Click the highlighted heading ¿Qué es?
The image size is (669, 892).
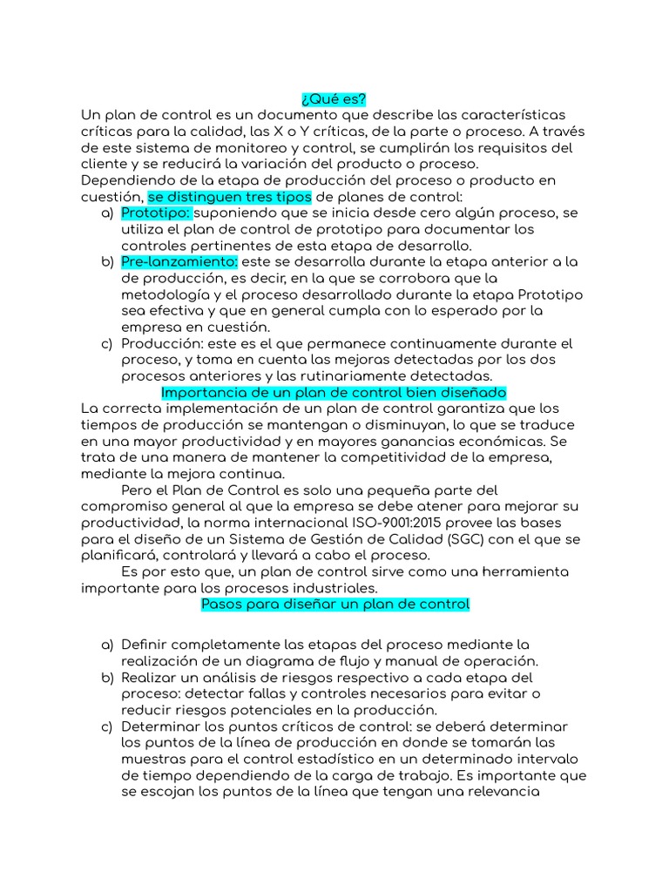click(334, 99)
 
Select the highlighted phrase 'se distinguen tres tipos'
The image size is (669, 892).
click(229, 196)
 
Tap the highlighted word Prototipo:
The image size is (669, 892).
click(155, 213)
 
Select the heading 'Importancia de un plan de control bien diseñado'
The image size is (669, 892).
click(334, 392)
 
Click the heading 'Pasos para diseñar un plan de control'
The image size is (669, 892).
click(334, 604)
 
